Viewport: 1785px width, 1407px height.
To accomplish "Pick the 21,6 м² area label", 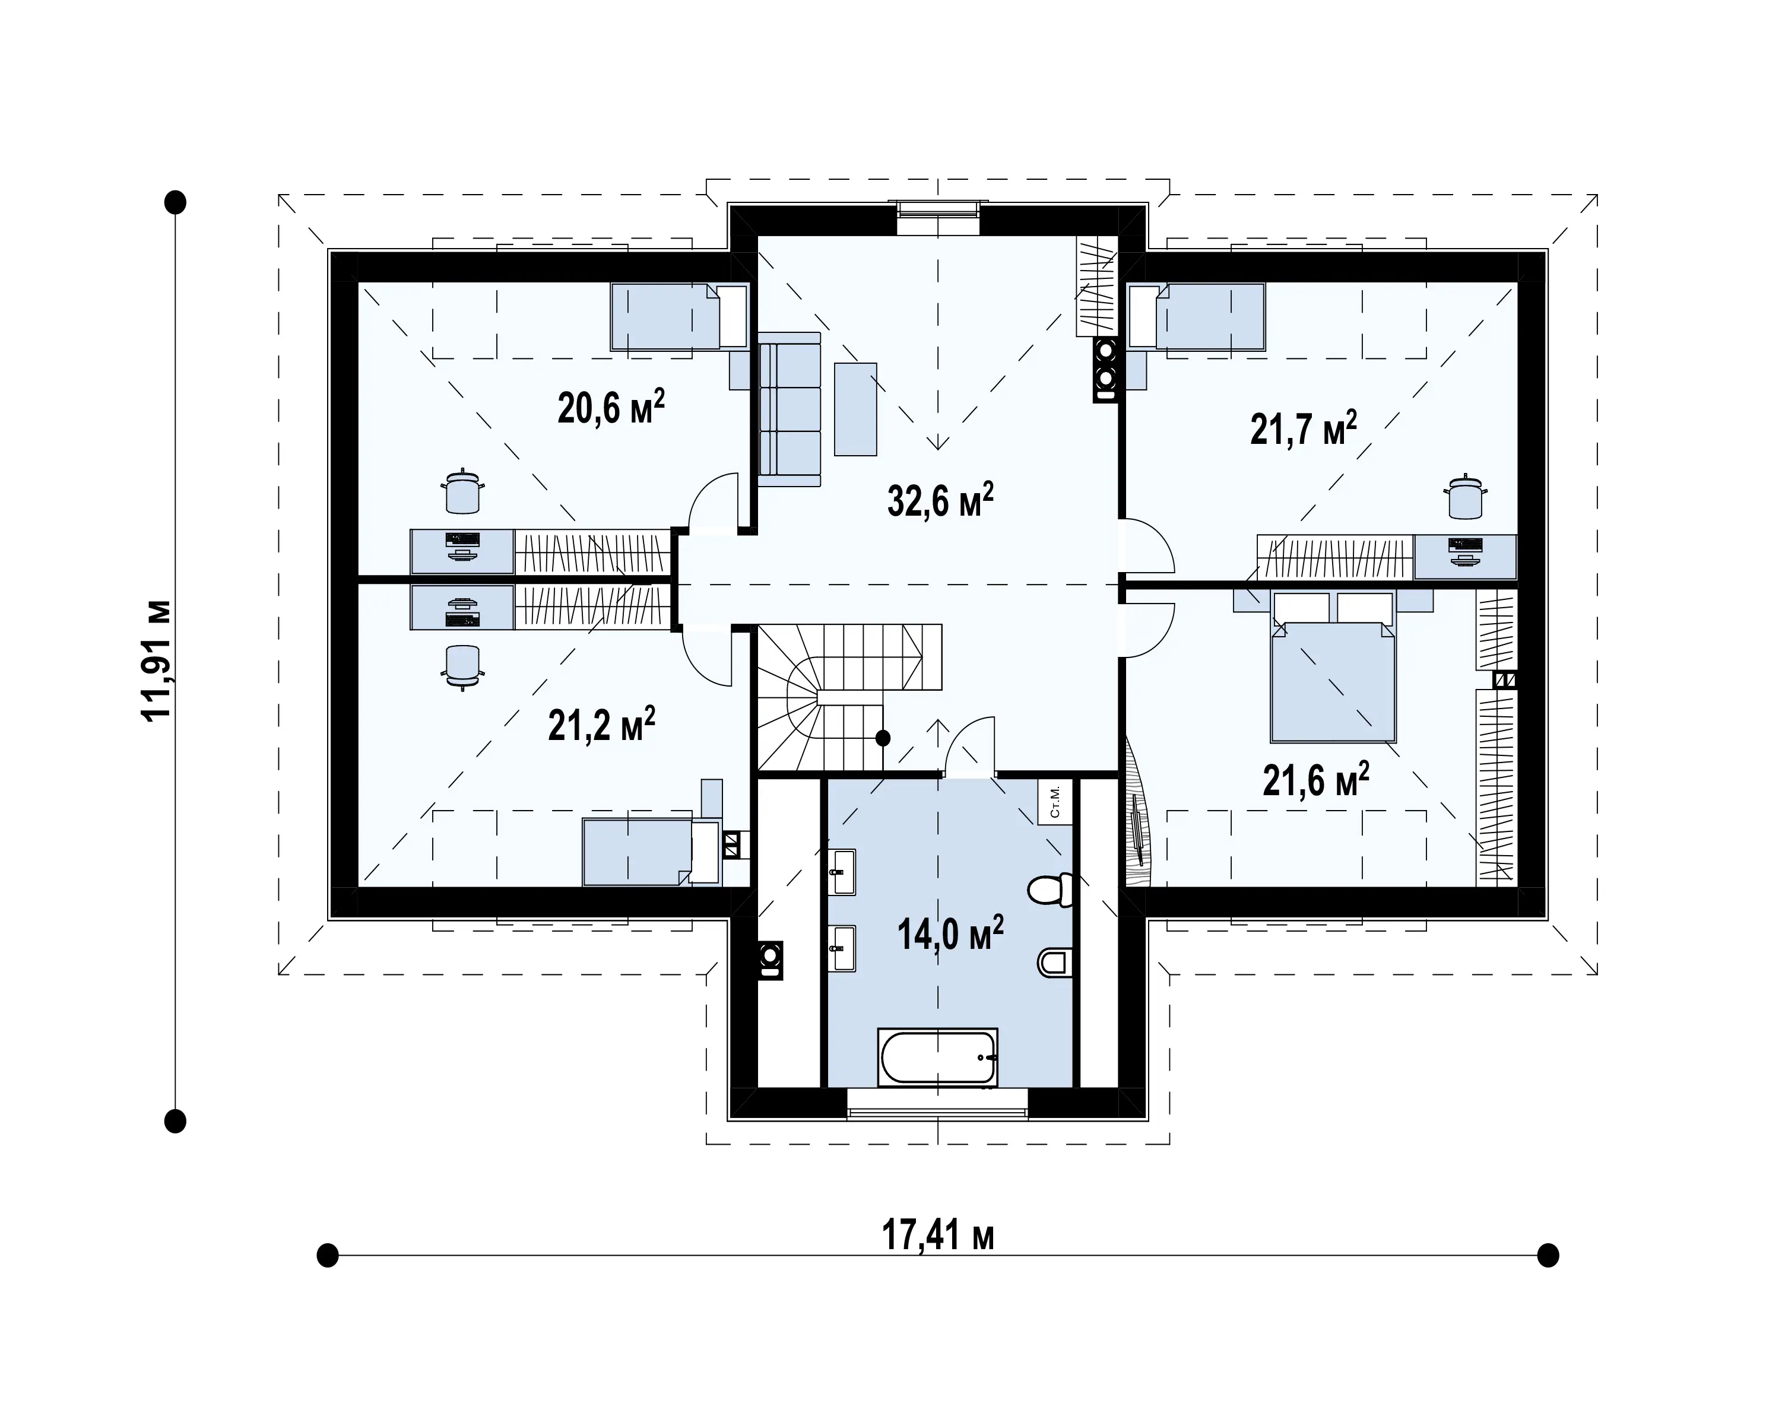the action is pyautogui.click(x=1316, y=779).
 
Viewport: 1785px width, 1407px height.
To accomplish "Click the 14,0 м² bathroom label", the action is pyautogui.click(x=950, y=933).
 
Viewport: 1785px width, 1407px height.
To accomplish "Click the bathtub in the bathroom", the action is pyautogui.click(x=938, y=1057).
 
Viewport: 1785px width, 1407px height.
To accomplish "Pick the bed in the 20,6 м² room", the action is pyautogui.click(x=679, y=316).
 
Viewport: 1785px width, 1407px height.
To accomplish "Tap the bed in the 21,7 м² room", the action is pyautogui.click(x=1197, y=316).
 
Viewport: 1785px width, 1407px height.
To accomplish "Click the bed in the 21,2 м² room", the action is pyautogui.click(x=651, y=852).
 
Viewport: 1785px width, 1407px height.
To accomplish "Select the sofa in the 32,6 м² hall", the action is pyautogui.click(x=790, y=409).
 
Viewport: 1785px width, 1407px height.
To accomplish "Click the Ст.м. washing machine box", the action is pyautogui.click(x=1055, y=801).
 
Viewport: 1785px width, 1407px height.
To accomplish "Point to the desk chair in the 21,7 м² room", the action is pyautogui.click(x=1465, y=496).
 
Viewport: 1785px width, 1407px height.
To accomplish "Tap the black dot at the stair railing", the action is pyautogui.click(x=883, y=738).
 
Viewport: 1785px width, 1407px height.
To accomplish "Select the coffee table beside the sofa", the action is pyautogui.click(x=855, y=409).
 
